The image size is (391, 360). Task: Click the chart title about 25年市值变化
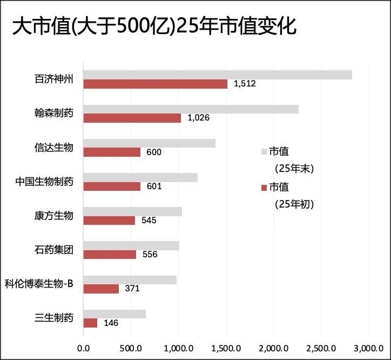[154, 26]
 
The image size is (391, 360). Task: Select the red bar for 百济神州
[156, 84]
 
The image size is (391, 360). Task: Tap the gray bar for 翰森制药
[191, 109]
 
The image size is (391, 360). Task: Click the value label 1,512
[245, 84]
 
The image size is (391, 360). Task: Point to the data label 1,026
[198, 118]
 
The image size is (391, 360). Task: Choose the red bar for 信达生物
[112, 152]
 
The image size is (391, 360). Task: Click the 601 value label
[154, 186]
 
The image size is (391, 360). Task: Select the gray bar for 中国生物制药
[140, 177]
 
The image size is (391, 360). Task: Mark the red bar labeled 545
[109, 221]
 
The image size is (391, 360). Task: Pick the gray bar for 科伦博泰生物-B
[130, 280]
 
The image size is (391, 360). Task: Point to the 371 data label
[132, 289]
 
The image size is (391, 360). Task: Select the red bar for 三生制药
[90, 323]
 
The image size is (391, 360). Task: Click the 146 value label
[110, 323]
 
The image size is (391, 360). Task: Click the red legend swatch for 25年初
[264, 187]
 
